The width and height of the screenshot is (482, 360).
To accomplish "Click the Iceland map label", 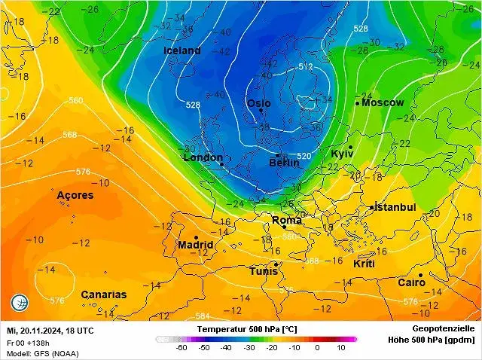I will click(x=182, y=50).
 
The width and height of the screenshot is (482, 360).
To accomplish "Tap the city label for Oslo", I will click(x=258, y=103).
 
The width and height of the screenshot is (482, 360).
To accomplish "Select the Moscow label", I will click(x=383, y=102).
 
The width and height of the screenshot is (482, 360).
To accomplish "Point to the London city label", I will click(x=203, y=158).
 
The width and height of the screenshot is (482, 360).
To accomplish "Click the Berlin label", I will click(x=284, y=163).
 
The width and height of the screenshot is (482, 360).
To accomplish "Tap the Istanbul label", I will click(x=395, y=207).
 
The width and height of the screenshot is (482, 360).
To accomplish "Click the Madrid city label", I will click(x=195, y=246).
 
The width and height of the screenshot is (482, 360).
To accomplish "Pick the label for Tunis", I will click(x=264, y=271).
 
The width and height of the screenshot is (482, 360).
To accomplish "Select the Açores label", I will click(x=75, y=195).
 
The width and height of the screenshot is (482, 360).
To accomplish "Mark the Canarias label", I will click(x=103, y=294).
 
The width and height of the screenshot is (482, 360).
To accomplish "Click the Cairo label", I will click(x=411, y=282).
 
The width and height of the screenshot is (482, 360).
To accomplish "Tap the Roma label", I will click(x=286, y=220).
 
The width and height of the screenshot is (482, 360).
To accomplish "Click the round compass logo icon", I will click(x=19, y=304).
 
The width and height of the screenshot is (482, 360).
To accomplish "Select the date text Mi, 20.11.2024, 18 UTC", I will click(x=50, y=331).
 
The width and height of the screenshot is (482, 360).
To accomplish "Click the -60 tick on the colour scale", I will click(x=181, y=349).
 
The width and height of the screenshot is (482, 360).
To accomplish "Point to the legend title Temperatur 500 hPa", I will click(x=246, y=330).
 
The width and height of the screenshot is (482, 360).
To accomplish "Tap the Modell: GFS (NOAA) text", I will click(x=41, y=353).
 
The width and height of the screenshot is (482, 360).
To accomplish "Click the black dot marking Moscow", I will click(x=357, y=103).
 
